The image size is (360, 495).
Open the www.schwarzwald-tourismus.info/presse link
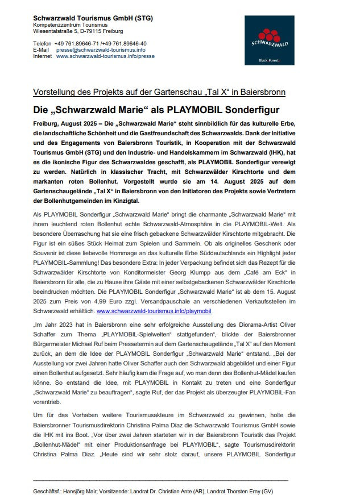pos(105,56)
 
